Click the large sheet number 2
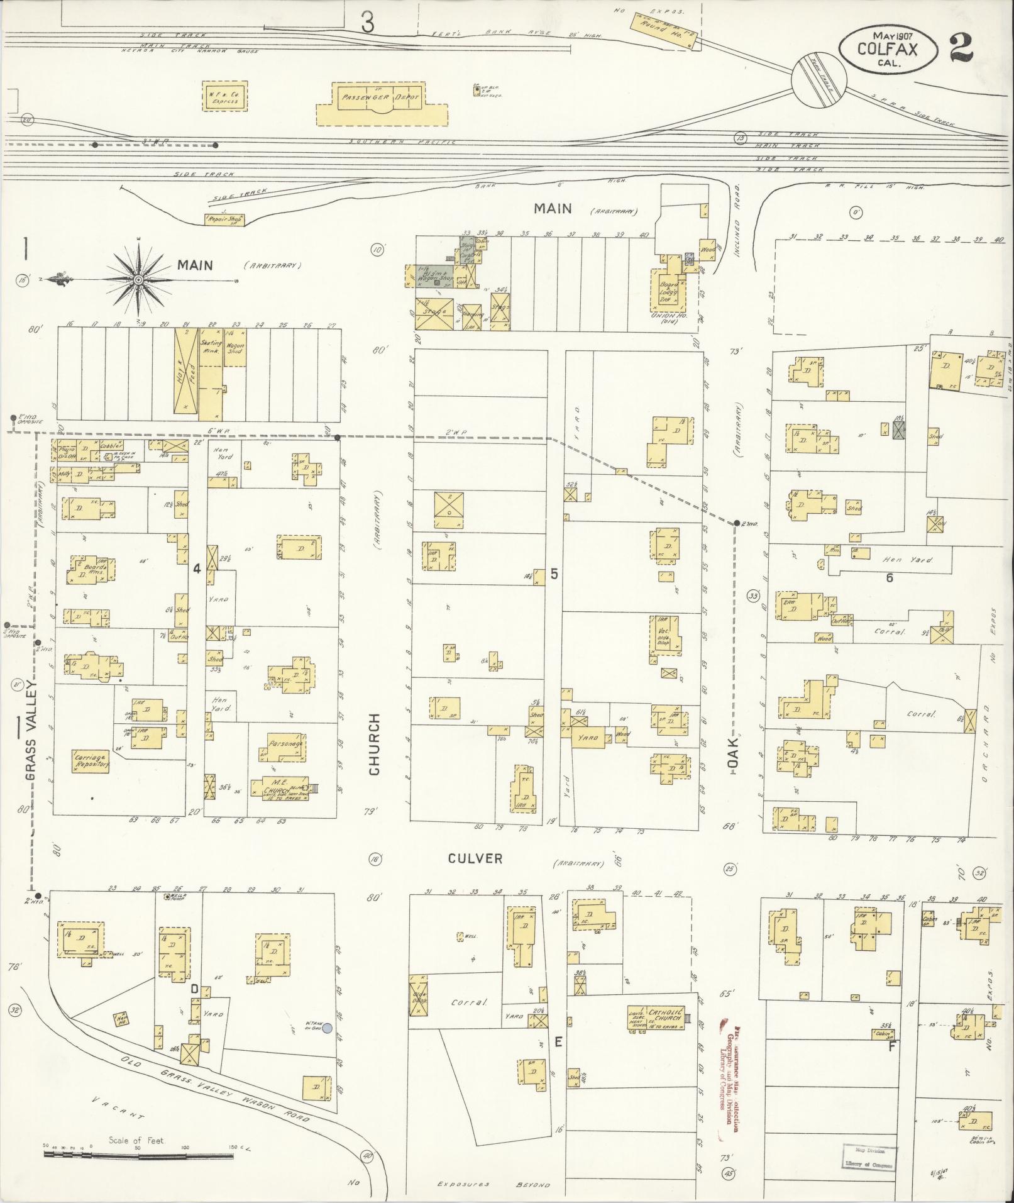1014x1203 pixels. coord(962,47)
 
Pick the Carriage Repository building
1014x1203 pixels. coord(92,761)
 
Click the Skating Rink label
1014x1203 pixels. coord(208,347)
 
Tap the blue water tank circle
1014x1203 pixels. coord(327,1028)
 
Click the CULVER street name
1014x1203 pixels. coord(475,858)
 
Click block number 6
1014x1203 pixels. coord(889,577)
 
